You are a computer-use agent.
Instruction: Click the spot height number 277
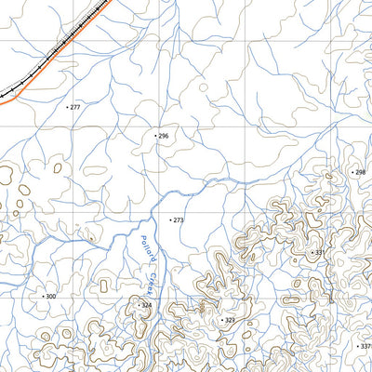[75, 107]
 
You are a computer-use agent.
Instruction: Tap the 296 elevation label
[164, 136]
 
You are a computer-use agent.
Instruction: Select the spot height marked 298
[360, 172]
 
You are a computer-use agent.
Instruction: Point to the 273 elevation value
[178, 220]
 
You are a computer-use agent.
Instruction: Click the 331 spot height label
[320, 252]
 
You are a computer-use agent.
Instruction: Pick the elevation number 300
[51, 296]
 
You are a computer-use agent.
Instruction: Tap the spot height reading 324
[146, 305]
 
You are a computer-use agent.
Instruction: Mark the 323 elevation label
[230, 320]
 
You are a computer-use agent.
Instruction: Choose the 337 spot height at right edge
[365, 346]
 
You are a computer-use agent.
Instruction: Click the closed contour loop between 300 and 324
[101, 285]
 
